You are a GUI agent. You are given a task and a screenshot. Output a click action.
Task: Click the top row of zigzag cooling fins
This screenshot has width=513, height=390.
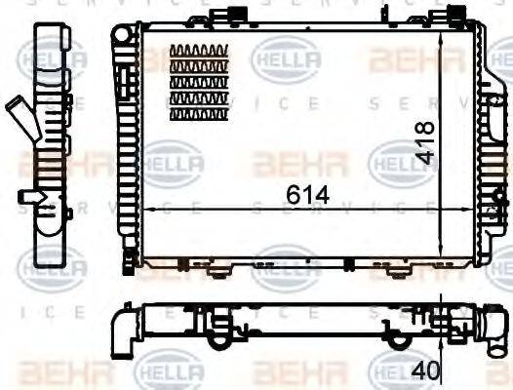pyautogui.click(x=200, y=52)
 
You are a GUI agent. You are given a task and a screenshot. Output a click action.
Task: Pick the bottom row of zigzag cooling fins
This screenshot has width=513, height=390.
pyautogui.click(x=200, y=114)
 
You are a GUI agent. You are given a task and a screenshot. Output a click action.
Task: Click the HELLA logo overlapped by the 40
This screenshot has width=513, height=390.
pyautogui.click(x=395, y=371)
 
